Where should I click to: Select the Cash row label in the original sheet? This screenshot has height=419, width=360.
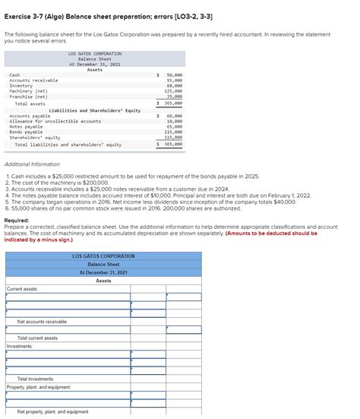click(x=14, y=75)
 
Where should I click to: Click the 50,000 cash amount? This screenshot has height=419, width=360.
click(x=174, y=75)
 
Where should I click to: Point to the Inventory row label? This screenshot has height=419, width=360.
click(x=21, y=86)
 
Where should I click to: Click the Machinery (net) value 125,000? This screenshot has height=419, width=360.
click(x=173, y=91)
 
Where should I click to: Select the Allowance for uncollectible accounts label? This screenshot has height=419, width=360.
click(x=55, y=122)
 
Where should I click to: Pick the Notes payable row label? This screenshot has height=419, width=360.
click(x=26, y=127)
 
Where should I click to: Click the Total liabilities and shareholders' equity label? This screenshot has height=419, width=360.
click(x=68, y=144)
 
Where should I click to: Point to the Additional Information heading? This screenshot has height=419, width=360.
click(x=39, y=164)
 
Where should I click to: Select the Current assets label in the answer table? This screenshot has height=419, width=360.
click(x=23, y=289)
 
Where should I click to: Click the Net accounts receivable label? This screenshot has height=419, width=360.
click(x=42, y=322)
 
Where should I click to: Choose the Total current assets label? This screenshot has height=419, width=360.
click(x=37, y=338)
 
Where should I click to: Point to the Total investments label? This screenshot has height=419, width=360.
click(x=35, y=379)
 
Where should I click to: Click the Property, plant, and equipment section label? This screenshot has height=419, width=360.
click(x=38, y=387)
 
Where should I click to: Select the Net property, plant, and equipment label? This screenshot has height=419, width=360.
click(x=52, y=411)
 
